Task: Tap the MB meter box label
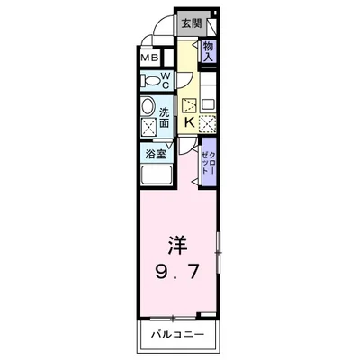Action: click(x=148, y=59)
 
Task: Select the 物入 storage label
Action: click(x=209, y=51)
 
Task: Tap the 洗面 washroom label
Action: click(x=166, y=119)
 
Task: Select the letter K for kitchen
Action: click(x=190, y=123)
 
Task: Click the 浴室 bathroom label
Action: click(x=157, y=154)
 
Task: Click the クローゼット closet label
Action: click(x=209, y=161)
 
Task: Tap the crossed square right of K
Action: click(x=208, y=123)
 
